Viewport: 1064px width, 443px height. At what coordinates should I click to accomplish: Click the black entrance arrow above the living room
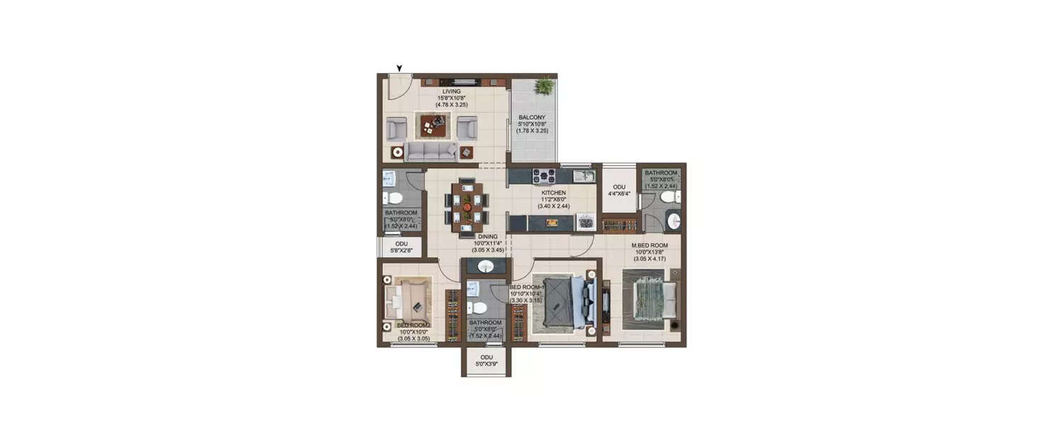pyautogui.click(x=399, y=68)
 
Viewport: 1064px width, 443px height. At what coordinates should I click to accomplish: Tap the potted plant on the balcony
pyautogui.click(x=544, y=86)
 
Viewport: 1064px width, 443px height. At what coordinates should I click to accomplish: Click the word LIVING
pyautogui.click(x=451, y=91)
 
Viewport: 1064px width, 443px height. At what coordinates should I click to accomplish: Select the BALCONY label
pyautogui.click(x=532, y=117)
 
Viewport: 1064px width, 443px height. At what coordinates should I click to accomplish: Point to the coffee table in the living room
pyautogui.click(x=431, y=125)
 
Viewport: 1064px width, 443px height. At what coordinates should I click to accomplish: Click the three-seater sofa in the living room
pyautogui.click(x=431, y=151)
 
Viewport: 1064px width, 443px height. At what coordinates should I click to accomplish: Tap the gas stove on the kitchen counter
pyautogui.click(x=544, y=176)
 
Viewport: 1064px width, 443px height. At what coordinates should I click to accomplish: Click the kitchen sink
pyautogui.click(x=583, y=176)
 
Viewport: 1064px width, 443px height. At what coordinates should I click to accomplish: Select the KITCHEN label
pyautogui.click(x=553, y=193)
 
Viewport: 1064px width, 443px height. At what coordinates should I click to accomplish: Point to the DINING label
pyautogui.click(x=487, y=237)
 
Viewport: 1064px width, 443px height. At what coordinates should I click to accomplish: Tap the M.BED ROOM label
pyautogui.click(x=650, y=246)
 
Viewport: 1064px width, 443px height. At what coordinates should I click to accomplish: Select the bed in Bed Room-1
pyautogui.click(x=564, y=303)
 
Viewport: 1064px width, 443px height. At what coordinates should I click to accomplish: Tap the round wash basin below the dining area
pyautogui.click(x=486, y=267)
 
